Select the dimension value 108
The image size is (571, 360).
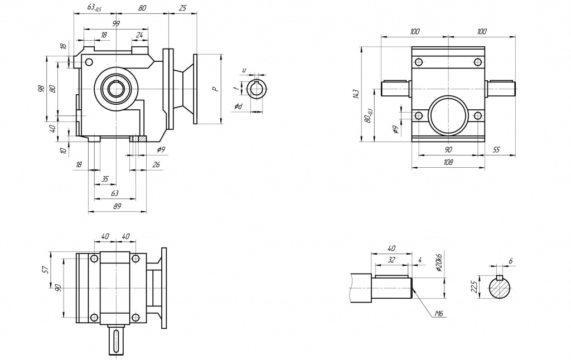point(448,162)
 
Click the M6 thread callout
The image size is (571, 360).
point(439,315)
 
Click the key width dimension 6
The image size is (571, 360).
point(510,261)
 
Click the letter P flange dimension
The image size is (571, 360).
point(214,89)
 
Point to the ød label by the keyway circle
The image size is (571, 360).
point(238,106)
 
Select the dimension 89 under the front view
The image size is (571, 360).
point(117,206)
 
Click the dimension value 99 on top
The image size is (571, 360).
point(116,24)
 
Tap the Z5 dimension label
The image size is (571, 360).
point(182,8)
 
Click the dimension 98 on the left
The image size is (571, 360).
point(41,89)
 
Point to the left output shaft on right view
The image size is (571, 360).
point(395,87)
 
